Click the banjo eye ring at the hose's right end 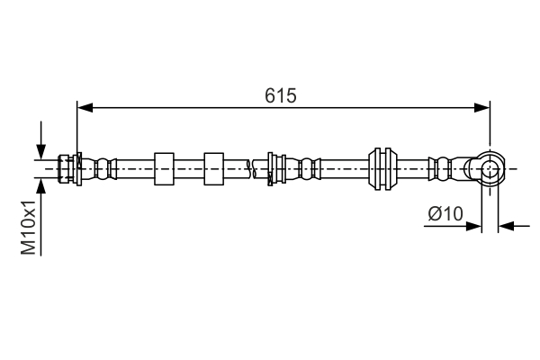(489, 168)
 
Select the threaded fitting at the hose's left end (67, 168)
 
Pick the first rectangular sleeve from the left (165, 168)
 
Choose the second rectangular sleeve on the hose (213, 168)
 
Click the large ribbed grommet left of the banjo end (382, 168)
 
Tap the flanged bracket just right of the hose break (275, 168)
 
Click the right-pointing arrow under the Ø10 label (473, 226)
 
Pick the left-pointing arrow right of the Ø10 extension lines (506, 226)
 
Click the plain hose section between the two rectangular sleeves (189, 168)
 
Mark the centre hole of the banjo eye (490, 168)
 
